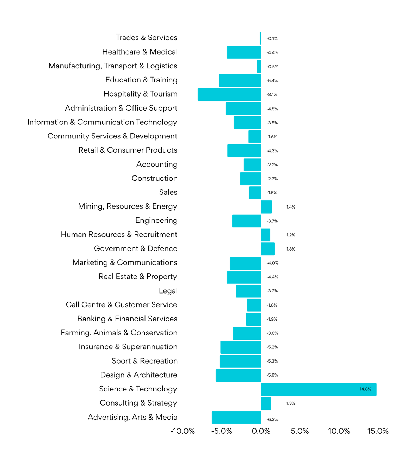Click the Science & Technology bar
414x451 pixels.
click(319, 389)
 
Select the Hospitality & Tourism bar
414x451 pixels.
click(229, 94)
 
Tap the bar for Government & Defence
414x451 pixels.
click(268, 249)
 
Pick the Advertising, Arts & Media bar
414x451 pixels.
click(236, 418)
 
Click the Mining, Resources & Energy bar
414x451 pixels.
click(266, 207)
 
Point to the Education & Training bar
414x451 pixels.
click(240, 80)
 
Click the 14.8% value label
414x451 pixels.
click(365, 389)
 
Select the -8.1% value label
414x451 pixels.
click(272, 95)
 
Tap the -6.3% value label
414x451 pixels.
click(272, 419)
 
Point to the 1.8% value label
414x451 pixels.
click(291, 249)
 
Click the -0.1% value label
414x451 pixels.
click(272, 39)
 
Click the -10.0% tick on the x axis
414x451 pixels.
click(183, 431)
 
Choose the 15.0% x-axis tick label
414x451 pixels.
click(378, 431)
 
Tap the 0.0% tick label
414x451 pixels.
click(261, 431)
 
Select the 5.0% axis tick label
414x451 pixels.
click(300, 431)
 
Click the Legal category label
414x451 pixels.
click(168, 291)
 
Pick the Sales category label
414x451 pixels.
click(168, 192)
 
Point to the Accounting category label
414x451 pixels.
click(157, 165)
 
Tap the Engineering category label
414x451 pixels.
click(156, 221)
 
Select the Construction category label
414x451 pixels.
click(155, 178)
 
